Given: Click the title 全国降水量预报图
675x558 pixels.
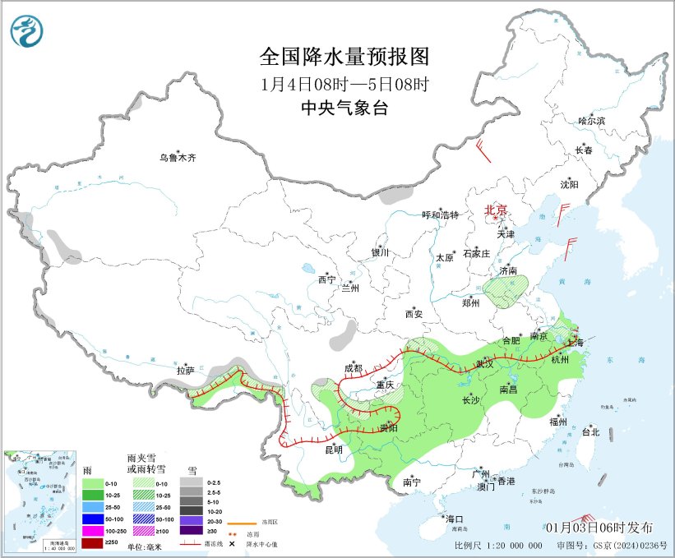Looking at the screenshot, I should [x=344, y=57].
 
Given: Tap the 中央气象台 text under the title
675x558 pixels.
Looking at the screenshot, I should [x=344, y=108].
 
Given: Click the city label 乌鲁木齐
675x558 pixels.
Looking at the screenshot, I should [x=178, y=158].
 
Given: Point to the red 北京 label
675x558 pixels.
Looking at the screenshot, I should [x=496, y=210].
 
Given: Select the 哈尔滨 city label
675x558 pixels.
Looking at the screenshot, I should [x=591, y=120].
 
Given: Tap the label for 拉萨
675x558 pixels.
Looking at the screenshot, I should [x=185, y=371].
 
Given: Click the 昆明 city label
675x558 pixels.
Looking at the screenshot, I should [x=333, y=450].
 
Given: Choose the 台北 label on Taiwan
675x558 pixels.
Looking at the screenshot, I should [x=590, y=431].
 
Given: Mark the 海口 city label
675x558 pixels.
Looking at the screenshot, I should [x=455, y=519].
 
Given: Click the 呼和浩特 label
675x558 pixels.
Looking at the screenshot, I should [x=440, y=214].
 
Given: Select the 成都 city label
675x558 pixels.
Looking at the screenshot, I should [x=354, y=368].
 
